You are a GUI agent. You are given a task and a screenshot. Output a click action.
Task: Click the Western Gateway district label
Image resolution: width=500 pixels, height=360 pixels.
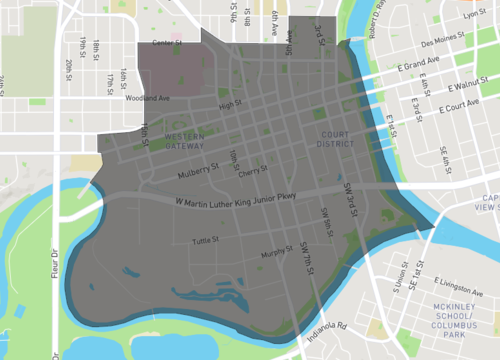coord(183,140)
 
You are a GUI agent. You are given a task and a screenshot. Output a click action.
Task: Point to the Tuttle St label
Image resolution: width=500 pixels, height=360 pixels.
coord(205,240)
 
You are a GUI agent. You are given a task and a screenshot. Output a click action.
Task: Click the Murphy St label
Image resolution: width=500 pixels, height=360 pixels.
coord(274,253)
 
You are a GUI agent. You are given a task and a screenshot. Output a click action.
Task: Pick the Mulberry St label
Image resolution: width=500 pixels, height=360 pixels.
coord(197,171)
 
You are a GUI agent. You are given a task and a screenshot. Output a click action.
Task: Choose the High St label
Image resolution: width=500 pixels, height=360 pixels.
coord(230,104)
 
